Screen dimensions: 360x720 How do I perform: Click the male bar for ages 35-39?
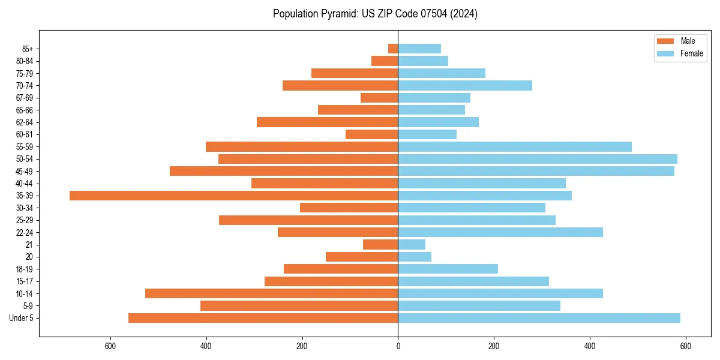click(x=234, y=196)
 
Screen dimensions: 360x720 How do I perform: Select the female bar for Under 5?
click(x=539, y=318)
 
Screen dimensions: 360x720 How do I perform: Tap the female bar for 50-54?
click(x=537, y=159)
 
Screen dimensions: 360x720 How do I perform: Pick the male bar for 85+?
click(x=393, y=49)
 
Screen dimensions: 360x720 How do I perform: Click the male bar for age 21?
click(x=380, y=244)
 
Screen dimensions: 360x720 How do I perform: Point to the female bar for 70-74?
click(x=465, y=85)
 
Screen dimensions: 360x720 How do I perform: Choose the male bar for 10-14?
click(x=271, y=293)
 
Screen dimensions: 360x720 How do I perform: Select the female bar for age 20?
click(x=415, y=257)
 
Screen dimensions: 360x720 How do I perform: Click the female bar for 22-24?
click(x=500, y=232)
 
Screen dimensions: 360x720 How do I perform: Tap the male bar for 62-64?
click(x=327, y=122)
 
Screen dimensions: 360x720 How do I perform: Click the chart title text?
click(x=375, y=14)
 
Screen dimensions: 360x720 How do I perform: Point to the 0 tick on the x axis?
click(x=398, y=346)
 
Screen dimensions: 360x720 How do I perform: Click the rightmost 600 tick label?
click(x=686, y=346)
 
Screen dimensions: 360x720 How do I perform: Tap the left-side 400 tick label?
click(x=206, y=346)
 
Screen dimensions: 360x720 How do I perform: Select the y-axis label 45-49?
click(x=25, y=171)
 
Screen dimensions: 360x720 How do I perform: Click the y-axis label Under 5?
click(x=21, y=318)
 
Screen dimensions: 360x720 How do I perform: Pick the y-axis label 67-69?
click(x=25, y=98)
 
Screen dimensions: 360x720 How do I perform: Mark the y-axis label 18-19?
click(x=25, y=269)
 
